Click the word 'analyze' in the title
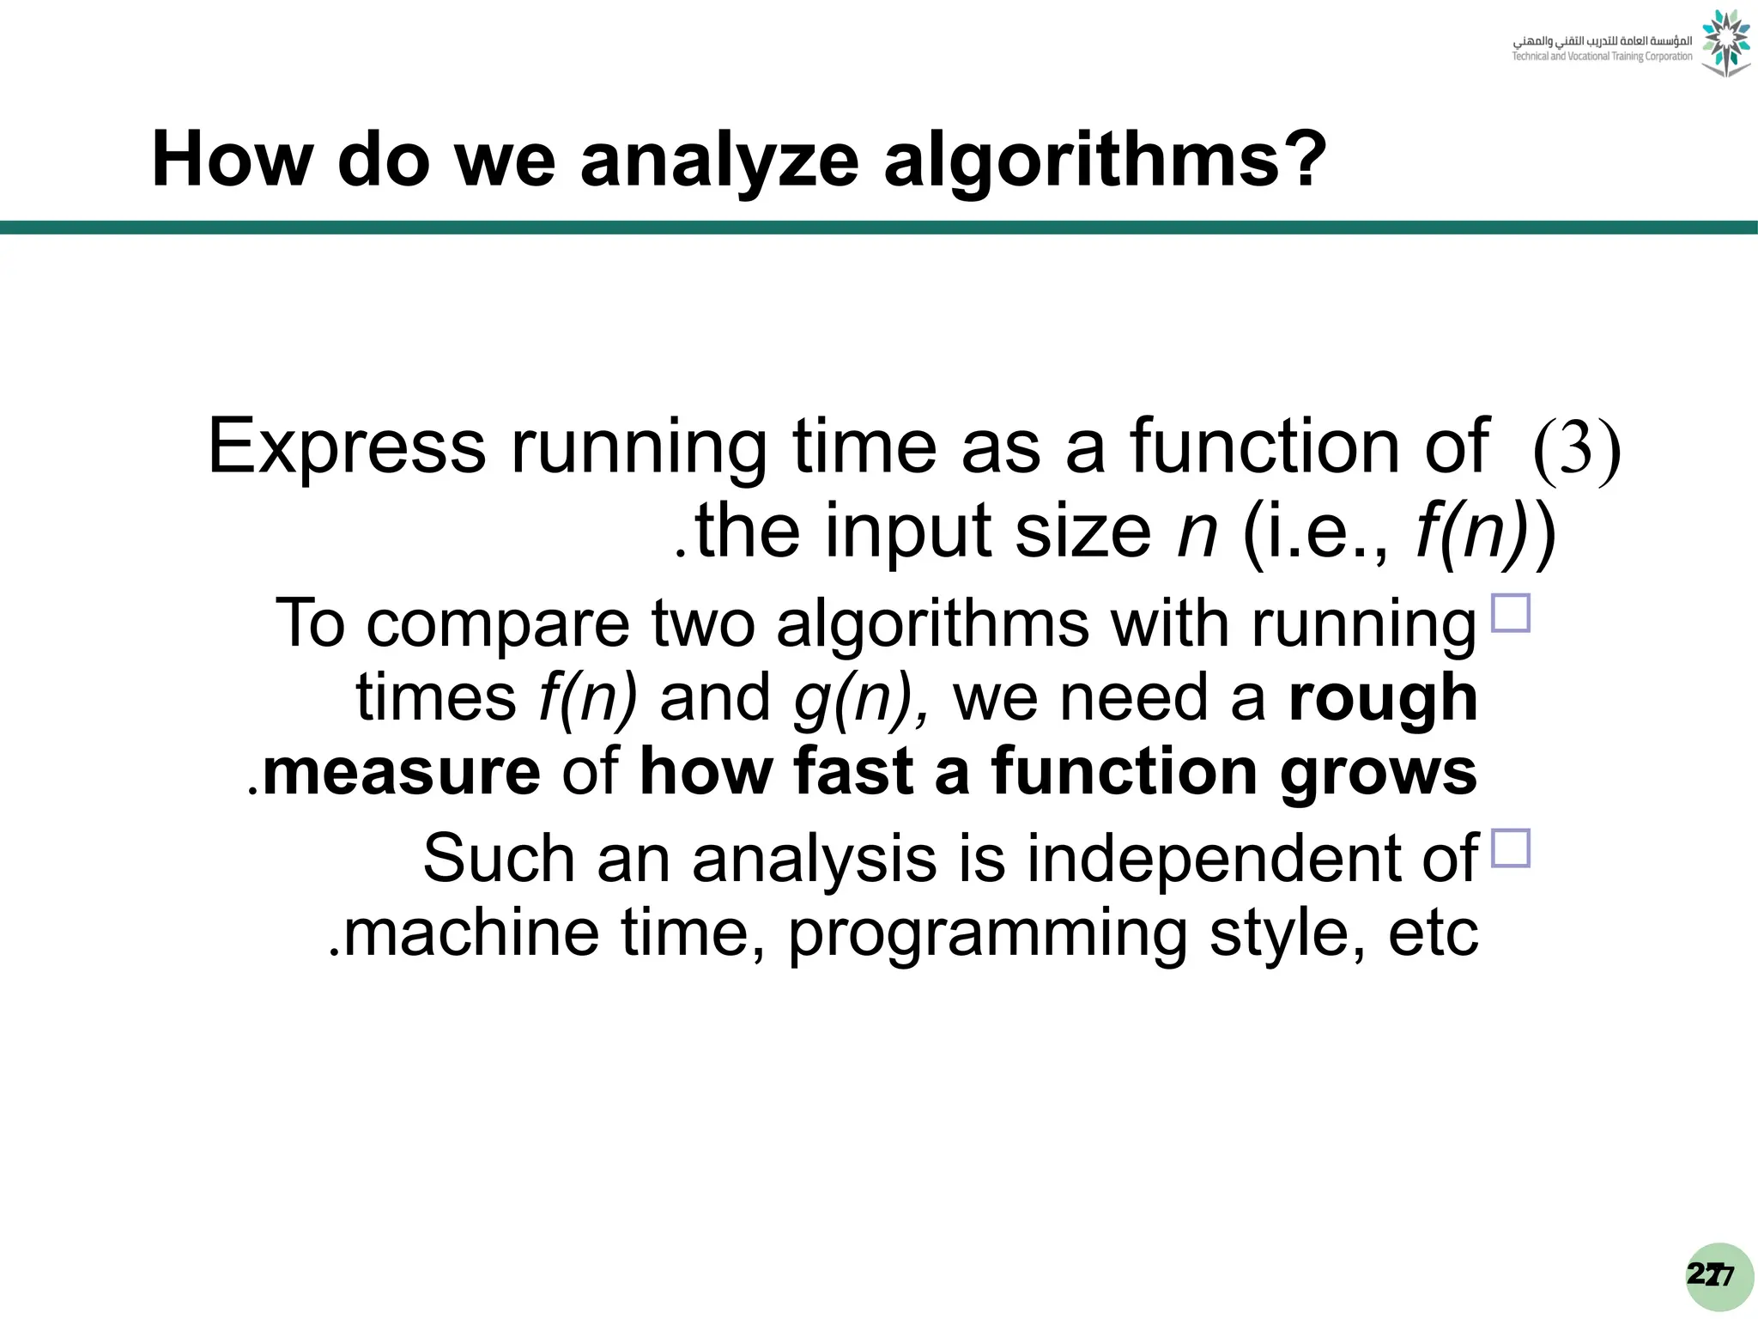click(x=719, y=161)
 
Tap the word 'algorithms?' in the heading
click(x=1106, y=161)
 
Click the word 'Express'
click(x=347, y=447)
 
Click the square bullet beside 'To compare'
click(x=1511, y=613)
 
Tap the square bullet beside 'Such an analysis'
click(x=1511, y=848)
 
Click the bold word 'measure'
click(x=402, y=772)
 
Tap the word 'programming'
click(x=987, y=933)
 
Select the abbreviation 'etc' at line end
click(x=1434, y=933)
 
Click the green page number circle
click(x=1719, y=1276)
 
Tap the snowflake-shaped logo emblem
click(x=1725, y=43)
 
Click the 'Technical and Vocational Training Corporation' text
click(x=1602, y=57)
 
